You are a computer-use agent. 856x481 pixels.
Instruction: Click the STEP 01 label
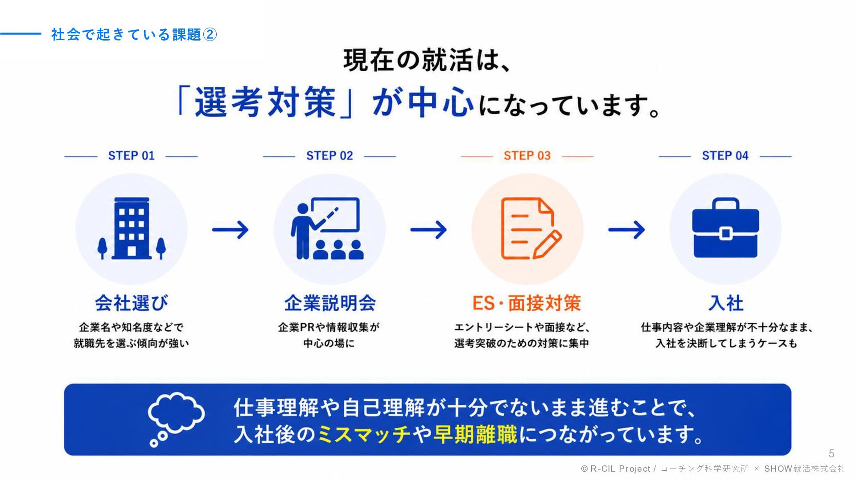(x=131, y=156)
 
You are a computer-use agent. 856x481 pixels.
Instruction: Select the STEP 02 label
(x=329, y=156)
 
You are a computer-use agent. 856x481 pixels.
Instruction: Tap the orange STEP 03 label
(x=527, y=156)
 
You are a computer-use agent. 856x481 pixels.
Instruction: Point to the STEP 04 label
(x=725, y=156)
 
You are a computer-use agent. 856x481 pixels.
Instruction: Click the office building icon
(x=132, y=228)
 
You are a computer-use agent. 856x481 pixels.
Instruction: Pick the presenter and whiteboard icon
(x=328, y=228)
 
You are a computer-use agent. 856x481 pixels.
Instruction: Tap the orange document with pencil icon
(x=531, y=228)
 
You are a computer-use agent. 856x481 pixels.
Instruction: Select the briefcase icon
(x=725, y=228)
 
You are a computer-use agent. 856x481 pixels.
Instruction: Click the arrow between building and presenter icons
(x=230, y=230)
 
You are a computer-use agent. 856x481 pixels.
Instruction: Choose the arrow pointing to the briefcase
(x=626, y=230)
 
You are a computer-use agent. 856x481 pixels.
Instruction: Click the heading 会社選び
(x=132, y=303)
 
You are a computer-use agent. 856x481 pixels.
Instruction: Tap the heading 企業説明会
(x=330, y=303)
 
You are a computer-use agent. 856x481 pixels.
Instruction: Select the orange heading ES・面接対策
(x=527, y=303)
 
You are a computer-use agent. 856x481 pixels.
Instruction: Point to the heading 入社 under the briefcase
(x=726, y=303)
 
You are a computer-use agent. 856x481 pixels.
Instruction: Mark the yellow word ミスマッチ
(x=364, y=434)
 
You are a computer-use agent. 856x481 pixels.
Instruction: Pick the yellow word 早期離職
(x=476, y=434)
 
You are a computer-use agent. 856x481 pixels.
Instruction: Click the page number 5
(x=831, y=454)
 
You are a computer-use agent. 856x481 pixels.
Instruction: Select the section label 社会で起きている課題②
(x=134, y=34)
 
